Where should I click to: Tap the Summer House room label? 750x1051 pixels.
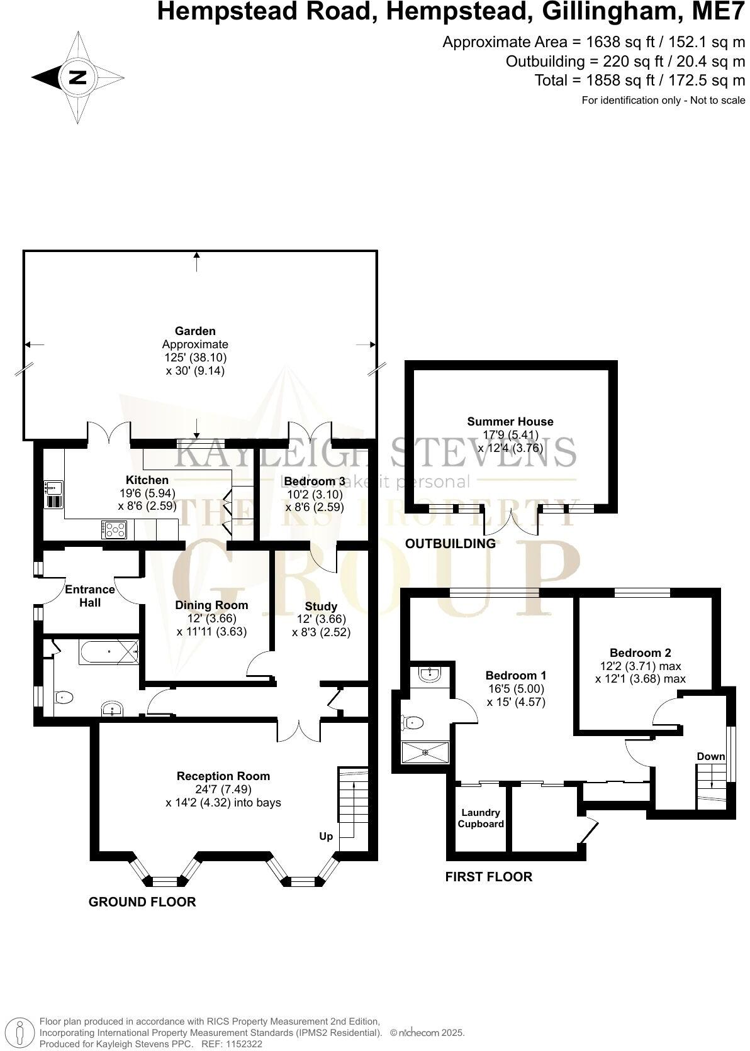pos(510,422)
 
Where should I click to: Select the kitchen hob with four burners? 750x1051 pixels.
pos(115,529)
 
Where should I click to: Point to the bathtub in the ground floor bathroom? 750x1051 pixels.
pos(108,652)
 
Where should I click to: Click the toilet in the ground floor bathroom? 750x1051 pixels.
pos(64,696)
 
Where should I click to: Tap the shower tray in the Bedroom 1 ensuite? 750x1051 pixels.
pos(426,751)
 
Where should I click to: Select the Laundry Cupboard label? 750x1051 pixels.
pos(481,818)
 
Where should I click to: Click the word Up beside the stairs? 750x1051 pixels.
pos(326,836)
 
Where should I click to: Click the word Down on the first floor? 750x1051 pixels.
pos(710,756)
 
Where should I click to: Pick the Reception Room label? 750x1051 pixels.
pos(223,776)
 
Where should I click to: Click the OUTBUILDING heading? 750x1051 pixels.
pos(450,544)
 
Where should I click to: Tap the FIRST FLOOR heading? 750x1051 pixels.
pos(488,876)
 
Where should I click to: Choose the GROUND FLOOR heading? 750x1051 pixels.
pos(142,902)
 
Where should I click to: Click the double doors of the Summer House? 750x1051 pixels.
pos(510,522)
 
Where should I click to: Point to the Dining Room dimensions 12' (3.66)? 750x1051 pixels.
pos(211,619)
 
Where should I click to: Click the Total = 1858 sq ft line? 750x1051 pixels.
pos(639,80)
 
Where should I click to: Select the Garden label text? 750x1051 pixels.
pos(195,331)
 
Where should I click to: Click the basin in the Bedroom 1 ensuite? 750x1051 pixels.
pos(430,675)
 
